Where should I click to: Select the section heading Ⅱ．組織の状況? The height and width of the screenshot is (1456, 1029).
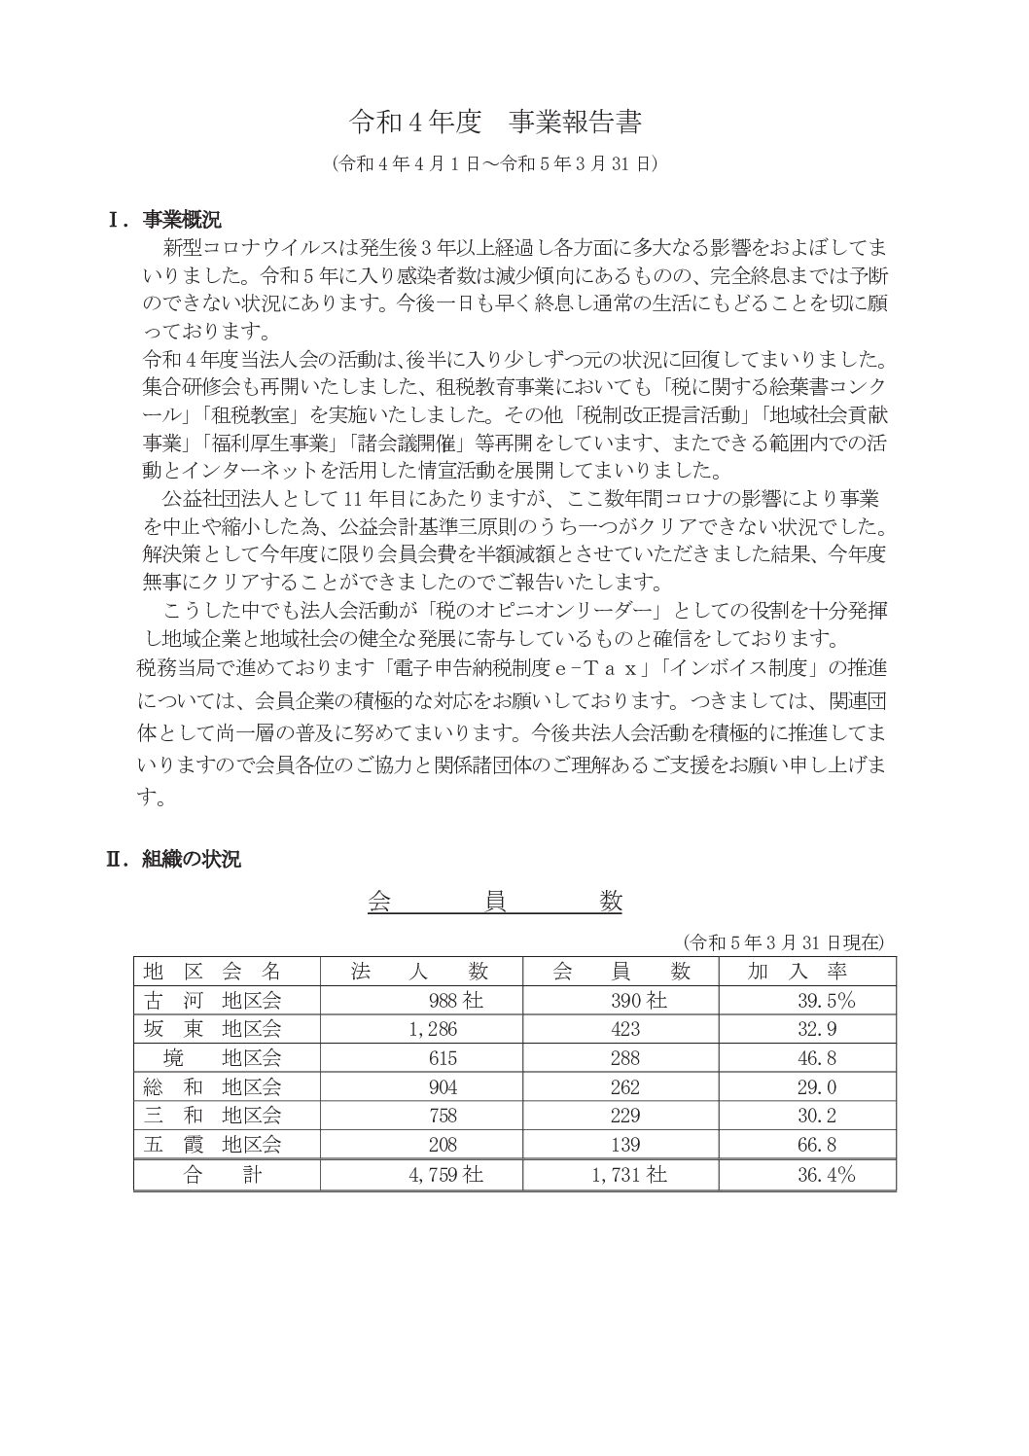pyautogui.click(x=173, y=859)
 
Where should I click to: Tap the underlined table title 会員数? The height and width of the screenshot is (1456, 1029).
pyautogui.click(x=494, y=902)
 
